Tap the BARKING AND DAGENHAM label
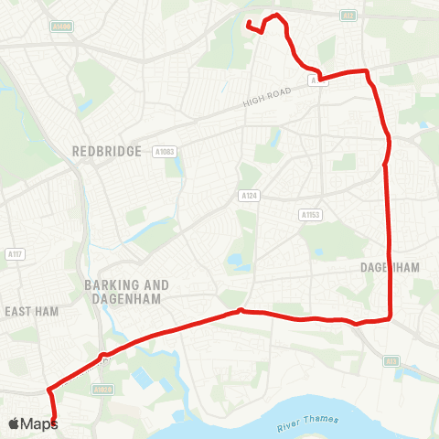[x=123, y=291]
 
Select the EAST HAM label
[x=32, y=312]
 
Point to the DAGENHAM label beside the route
[x=389, y=268]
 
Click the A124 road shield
[x=248, y=196]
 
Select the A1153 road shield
[x=310, y=215]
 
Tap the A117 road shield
[x=14, y=254]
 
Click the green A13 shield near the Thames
[x=391, y=361]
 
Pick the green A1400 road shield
[x=61, y=27]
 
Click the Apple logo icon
[x=14, y=423]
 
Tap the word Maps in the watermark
[x=39, y=423]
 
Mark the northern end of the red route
[x=249, y=22]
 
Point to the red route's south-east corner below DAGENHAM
[x=391, y=316]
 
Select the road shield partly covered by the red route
[x=316, y=80]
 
